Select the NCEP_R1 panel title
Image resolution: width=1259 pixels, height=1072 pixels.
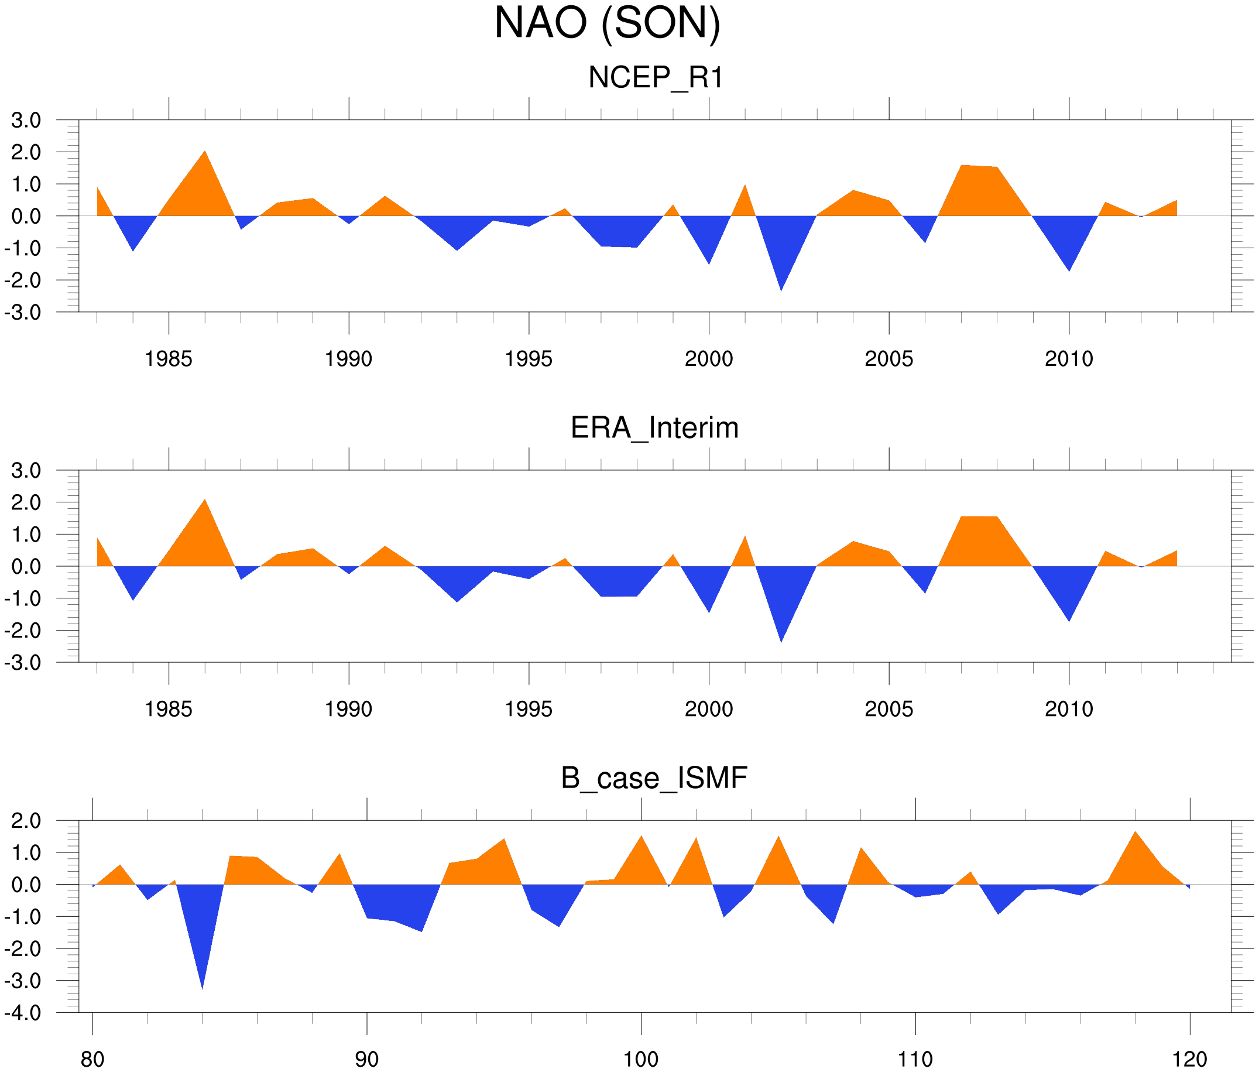point(656,78)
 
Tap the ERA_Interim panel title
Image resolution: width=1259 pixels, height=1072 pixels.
point(654,428)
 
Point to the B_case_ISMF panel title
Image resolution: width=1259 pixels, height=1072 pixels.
point(654,778)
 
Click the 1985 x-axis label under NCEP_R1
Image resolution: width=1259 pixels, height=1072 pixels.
point(169,359)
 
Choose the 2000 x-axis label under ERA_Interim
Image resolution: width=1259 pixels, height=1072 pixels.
point(708,709)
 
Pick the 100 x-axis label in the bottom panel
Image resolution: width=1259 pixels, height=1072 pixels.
point(641,1060)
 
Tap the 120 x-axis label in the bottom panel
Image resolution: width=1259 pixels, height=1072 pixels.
point(1189,1060)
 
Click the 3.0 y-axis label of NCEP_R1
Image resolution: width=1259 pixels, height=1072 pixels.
point(26,121)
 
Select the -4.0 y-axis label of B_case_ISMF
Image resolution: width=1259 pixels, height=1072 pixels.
point(23,1013)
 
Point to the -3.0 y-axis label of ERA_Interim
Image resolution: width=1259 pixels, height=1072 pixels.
point(23,663)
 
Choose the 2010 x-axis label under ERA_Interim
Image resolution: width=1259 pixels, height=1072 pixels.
point(1069,709)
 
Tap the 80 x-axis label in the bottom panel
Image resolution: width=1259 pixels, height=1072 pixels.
point(92,1060)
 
